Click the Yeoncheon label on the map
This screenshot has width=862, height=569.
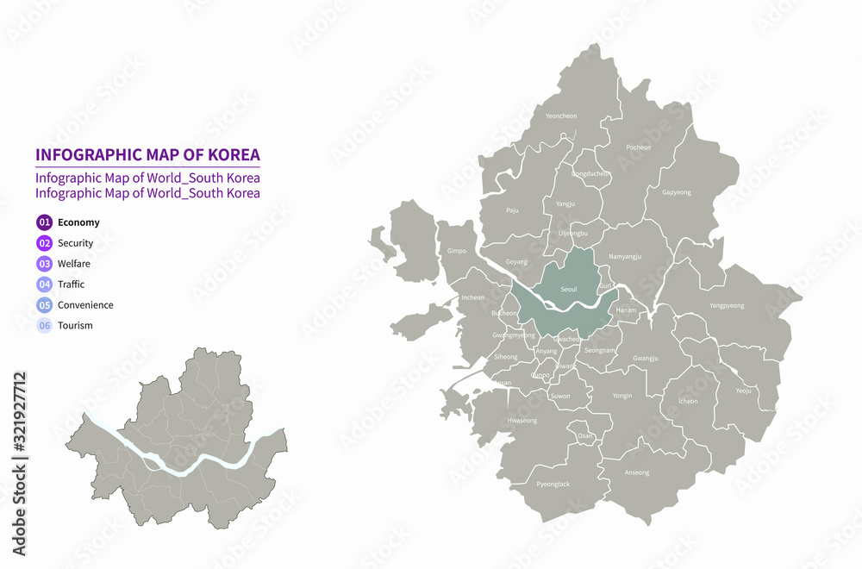pos(561,116)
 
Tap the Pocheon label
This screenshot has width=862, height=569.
pos(638,147)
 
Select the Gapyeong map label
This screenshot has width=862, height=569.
pos(677,192)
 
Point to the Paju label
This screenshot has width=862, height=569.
pos(512,209)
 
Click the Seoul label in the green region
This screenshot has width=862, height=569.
pos(569,290)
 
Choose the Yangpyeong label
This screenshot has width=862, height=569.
pos(727,305)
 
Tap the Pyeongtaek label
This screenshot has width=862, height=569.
pos(553,485)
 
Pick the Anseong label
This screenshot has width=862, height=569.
pos(637,472)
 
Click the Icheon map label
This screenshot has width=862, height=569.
pos(688,401)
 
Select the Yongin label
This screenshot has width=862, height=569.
pos(622,396)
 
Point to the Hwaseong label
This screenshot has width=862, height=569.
pos(522,421)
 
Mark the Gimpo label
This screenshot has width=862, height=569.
pos(457,251)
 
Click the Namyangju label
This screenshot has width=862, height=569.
pos(624,256)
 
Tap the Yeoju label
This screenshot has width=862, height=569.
pos(743,391)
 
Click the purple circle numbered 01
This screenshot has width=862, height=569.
pos(45,222)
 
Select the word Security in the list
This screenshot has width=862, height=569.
pos(75,243)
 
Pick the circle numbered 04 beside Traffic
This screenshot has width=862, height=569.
pos(45,284)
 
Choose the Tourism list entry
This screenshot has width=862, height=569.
pos(75,326)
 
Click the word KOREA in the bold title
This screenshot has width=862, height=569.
pos(229,155)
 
